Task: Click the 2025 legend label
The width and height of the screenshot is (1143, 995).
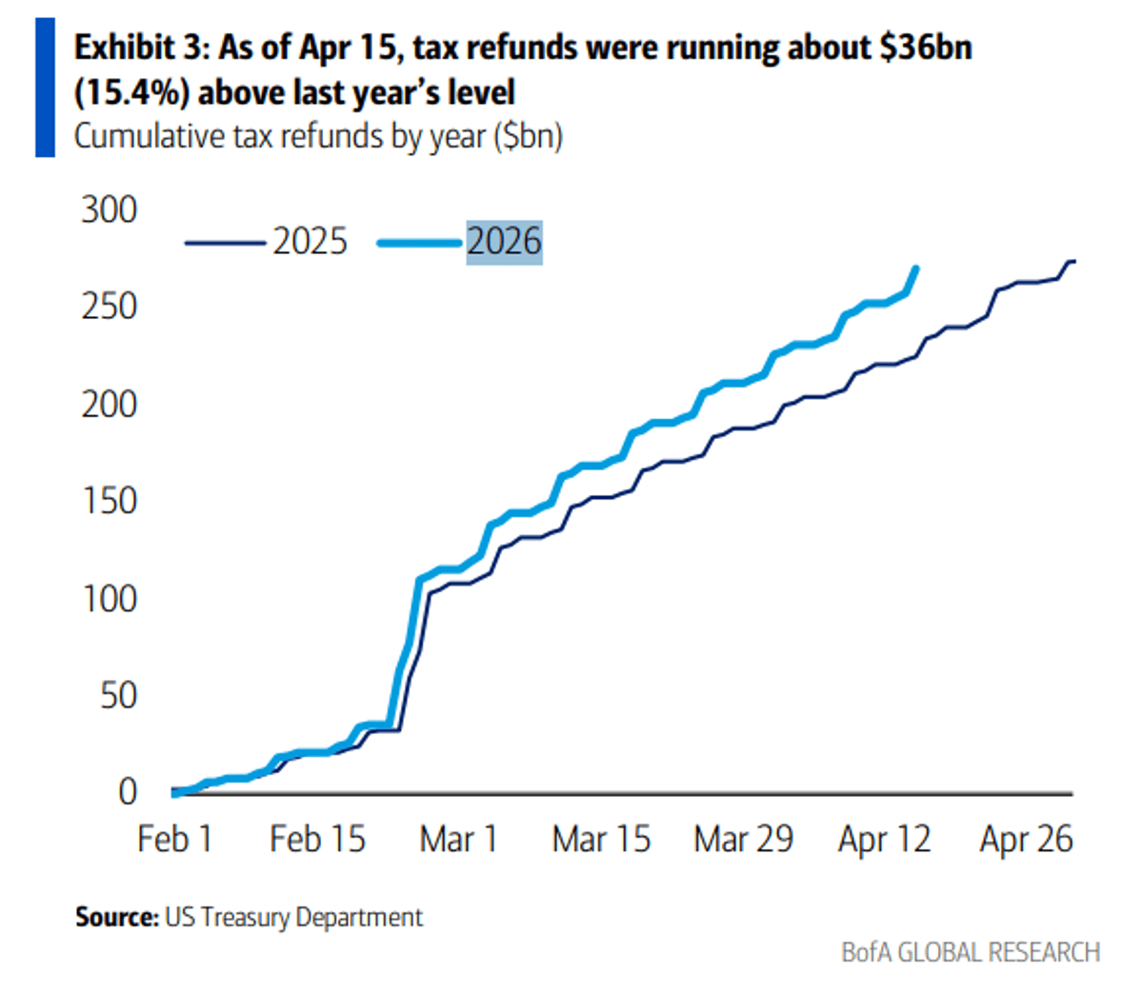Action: coord(310,242)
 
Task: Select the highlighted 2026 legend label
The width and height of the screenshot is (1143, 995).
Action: coord(504,242)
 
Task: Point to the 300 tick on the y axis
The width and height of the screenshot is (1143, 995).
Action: coord(109,209)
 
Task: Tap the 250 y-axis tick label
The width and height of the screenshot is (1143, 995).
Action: coord(109,307)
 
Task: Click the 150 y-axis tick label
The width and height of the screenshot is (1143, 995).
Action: coord(109,501)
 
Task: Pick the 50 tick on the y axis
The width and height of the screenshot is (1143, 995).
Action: coord(118,696)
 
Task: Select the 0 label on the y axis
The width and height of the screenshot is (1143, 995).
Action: coord(128,792)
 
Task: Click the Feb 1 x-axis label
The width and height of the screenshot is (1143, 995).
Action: coord(175,839)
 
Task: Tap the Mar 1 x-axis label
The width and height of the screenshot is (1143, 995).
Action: coord(459,839)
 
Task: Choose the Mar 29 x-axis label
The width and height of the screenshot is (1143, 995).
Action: coord(743,839)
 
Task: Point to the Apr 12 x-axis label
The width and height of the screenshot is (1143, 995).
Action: coord(885,839)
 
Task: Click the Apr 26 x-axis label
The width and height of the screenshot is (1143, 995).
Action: coord(1026,839)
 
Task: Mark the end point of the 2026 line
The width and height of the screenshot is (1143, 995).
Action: coord(916,269)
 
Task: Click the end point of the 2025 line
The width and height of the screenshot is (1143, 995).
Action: coord(1073,261)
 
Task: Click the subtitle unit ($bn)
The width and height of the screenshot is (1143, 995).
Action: coord(528,136)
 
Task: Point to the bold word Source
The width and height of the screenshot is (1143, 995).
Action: coord(116,917)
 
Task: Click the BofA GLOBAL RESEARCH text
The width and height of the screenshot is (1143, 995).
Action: coord(970,952)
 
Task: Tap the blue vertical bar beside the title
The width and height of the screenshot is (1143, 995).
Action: coord(45,88)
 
